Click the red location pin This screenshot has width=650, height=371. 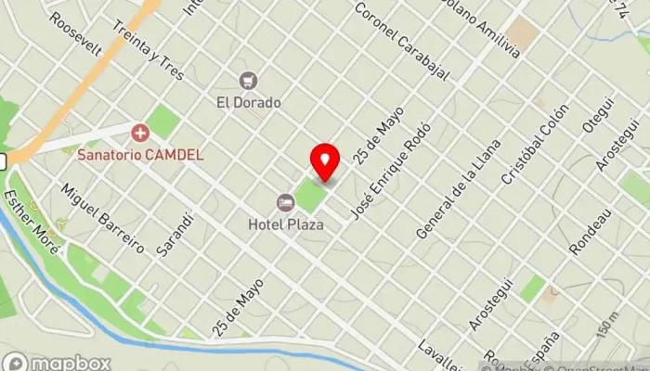pos(325,162)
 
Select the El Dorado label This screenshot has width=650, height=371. pos(248,102)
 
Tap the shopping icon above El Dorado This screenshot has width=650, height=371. pos(248,81)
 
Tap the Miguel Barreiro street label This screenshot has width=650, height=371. pos(102,218)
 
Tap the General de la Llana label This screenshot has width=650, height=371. pos(458,189)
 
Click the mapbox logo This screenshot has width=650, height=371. pos(58,362)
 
